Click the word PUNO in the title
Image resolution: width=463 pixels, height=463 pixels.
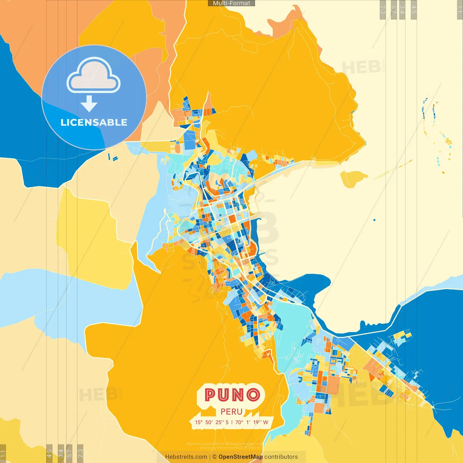[232, 395]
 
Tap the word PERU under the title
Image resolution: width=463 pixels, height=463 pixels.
[231, 412]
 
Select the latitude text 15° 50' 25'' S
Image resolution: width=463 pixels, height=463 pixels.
[212, 422]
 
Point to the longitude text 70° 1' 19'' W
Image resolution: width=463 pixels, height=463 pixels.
[252, 422]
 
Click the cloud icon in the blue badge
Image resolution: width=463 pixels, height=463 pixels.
[94, 75]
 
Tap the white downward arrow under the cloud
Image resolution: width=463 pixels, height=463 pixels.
[89, 104]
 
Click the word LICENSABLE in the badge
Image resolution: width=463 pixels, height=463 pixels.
[94, 122]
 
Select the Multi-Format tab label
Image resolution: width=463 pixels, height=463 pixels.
[231, 3]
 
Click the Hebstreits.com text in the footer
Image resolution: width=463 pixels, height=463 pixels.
[186, 457]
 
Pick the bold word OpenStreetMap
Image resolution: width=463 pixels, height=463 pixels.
[241, 457]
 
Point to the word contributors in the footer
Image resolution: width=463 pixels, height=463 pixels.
[281, 457]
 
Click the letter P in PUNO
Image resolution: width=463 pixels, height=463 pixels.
[211, 395]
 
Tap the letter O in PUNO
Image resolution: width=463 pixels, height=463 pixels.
[254, 395]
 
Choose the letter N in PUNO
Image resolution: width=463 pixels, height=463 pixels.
[239, 395]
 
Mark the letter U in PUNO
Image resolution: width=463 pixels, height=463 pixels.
[225, 395]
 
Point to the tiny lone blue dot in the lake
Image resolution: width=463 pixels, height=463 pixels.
[374, 220]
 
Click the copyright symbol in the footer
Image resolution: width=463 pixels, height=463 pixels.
[214, 457]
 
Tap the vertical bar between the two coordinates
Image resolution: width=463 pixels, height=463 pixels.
[232, 422]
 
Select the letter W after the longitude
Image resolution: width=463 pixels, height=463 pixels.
[266, 422]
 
